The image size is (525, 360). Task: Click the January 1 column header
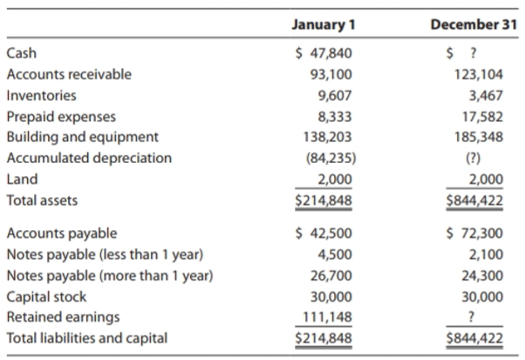(x=324, y=24)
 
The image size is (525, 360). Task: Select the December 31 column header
(x=474, y=24)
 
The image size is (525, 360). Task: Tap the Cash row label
(x=22, y=53)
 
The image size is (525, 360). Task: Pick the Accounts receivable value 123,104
(x=479, y=74)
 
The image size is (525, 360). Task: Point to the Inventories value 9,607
(x=335, y=96)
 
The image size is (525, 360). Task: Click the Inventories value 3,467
(x=486, y=96)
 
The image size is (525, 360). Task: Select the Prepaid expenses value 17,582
(x=482, y=117)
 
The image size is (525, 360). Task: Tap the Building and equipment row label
(x=82, y=137)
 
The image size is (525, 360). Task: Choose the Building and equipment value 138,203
(x=327, y=137)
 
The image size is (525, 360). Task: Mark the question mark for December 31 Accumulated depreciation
(x=473, y=159)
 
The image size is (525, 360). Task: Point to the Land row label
(x=22, y=180)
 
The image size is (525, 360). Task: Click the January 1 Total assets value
(x=324, y=200)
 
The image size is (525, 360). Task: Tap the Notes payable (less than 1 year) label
(x=105, y=255)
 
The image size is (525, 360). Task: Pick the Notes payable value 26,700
(x=331, y=276)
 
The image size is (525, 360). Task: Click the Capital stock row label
(x=46, y=297)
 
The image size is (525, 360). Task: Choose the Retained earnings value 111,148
(x=327, y=316)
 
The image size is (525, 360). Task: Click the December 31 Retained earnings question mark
(x=472, y=316)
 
